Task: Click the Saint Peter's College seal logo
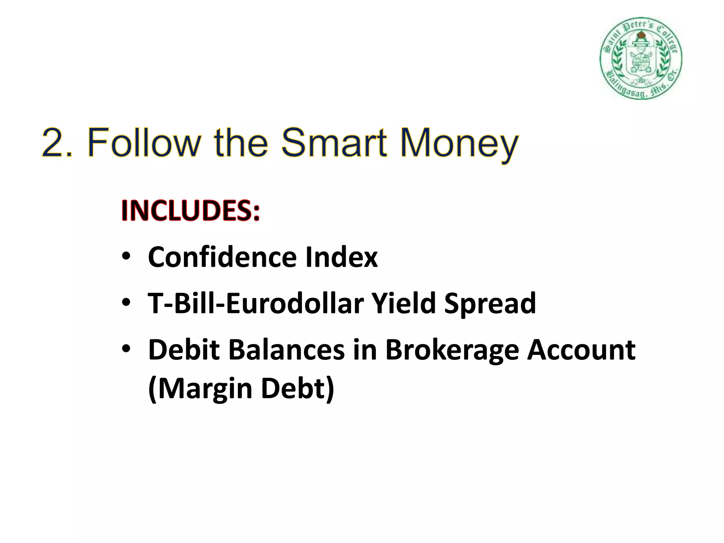[x=641, y=58]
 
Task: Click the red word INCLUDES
[x=190, y=211]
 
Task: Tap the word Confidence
[x=222, y=257]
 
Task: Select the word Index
[x=341, y=257]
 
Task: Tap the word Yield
[x=403, y=303]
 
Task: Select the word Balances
[x=286, y=350]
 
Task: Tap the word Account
[x=581, y=350]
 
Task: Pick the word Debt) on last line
[x=297, y=389]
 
